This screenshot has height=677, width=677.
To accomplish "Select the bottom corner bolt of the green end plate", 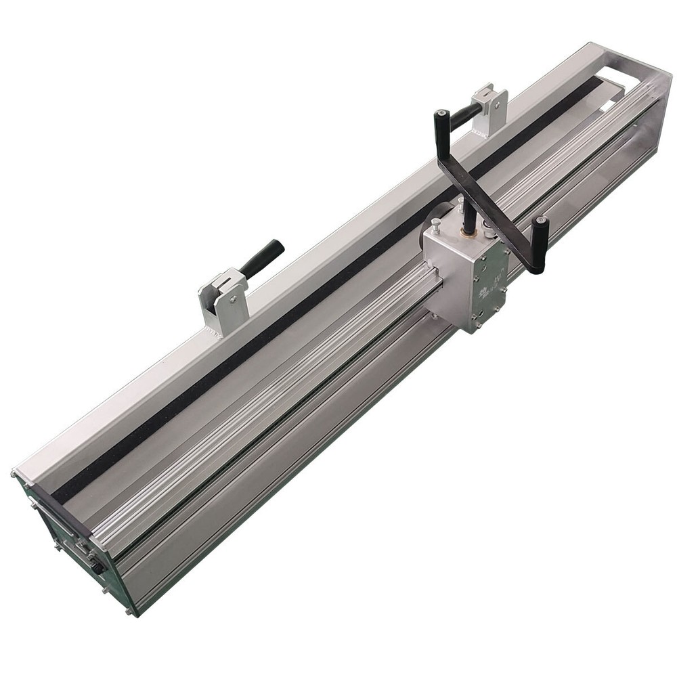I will click(x=129, y=613).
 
